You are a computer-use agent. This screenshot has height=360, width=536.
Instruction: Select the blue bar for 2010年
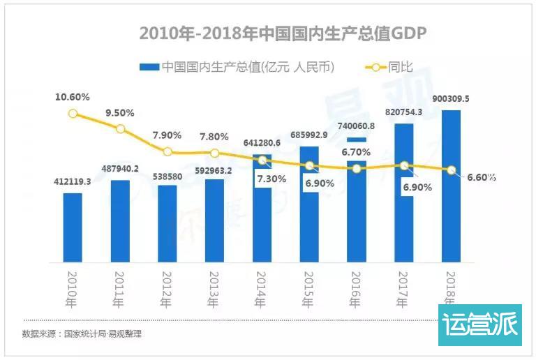[x=73, y=227]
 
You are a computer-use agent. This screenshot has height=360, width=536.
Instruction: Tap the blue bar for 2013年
[x=214, y=220]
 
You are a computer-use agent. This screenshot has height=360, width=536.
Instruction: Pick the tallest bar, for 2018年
[x=451, y=186]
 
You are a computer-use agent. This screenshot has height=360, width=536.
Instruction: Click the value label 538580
[x=167, y=177]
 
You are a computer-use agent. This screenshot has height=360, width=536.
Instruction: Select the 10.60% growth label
[x=73, y=97]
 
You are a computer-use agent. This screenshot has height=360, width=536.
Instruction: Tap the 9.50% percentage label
[x=120, y=112]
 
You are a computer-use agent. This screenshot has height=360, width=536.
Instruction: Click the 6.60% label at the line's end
[x=481, y=177]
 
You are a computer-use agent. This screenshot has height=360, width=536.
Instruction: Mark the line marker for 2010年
[x=73, y=114]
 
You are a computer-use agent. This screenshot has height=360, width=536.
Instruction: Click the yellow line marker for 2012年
[x=167, y=151]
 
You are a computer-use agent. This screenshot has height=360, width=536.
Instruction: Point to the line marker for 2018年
[x=452, y=170]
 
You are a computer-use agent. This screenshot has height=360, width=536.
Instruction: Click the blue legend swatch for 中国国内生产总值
[x=149, y=68]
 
